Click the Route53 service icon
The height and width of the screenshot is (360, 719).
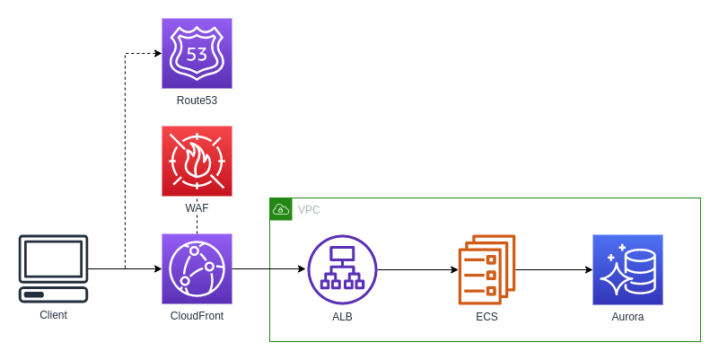coord(197,54)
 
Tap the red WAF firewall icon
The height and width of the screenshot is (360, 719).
coord(197,162)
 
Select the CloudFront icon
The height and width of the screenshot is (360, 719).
coord(197,269)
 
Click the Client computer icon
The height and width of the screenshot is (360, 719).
coord(54,268)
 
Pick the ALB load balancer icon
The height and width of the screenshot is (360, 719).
coord(342,269)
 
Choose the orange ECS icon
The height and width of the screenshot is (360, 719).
coord(487,269)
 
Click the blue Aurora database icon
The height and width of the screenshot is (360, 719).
coord(627,269)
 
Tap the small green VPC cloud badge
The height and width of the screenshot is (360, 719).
coord(281,209)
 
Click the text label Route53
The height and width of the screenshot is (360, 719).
coord(197,101)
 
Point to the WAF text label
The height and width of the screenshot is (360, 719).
coord(197,208)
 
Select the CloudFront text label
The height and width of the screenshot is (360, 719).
coord(197,316)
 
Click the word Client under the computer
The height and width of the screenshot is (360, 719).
coord(54,315)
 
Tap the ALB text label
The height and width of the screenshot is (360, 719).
coord(342,317)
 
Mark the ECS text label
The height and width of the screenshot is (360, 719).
coord(487,317)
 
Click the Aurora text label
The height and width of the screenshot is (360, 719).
coord(627,317)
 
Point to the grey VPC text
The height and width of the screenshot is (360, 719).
coord(309,210)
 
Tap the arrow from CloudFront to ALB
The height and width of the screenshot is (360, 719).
coord(269,268)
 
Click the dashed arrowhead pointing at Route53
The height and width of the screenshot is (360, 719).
coord(157,54)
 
